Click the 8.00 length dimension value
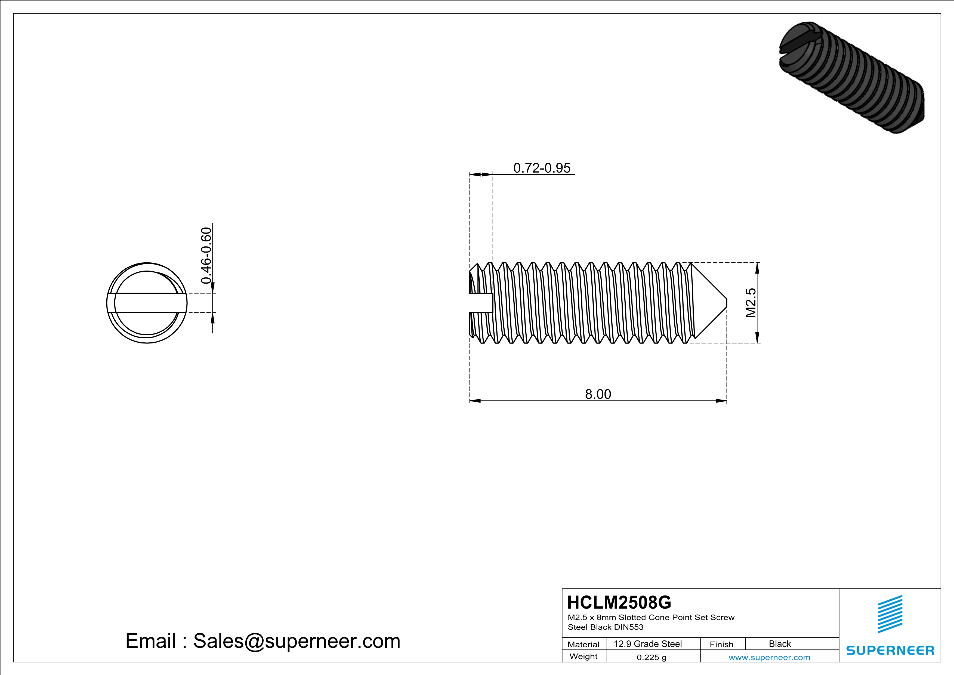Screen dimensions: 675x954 [x=598, y=394]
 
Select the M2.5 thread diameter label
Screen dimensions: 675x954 [x=751, y=303]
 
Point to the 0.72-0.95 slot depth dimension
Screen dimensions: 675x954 [x=542, y=168]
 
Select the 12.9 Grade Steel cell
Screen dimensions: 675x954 [x=648, y=644]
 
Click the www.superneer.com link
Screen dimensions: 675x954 [x=769, y=657]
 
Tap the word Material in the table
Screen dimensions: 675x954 [x=583, y=644]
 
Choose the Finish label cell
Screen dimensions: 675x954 [x=721, y=644]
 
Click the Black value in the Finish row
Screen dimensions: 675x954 [x=779, y=644]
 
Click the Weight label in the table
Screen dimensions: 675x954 [x=583, y=656]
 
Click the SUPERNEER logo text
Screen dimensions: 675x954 [x=890, y=651]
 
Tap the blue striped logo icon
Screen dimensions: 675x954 [x=890, y=614]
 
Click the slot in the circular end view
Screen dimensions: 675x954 [x=147, y=303]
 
